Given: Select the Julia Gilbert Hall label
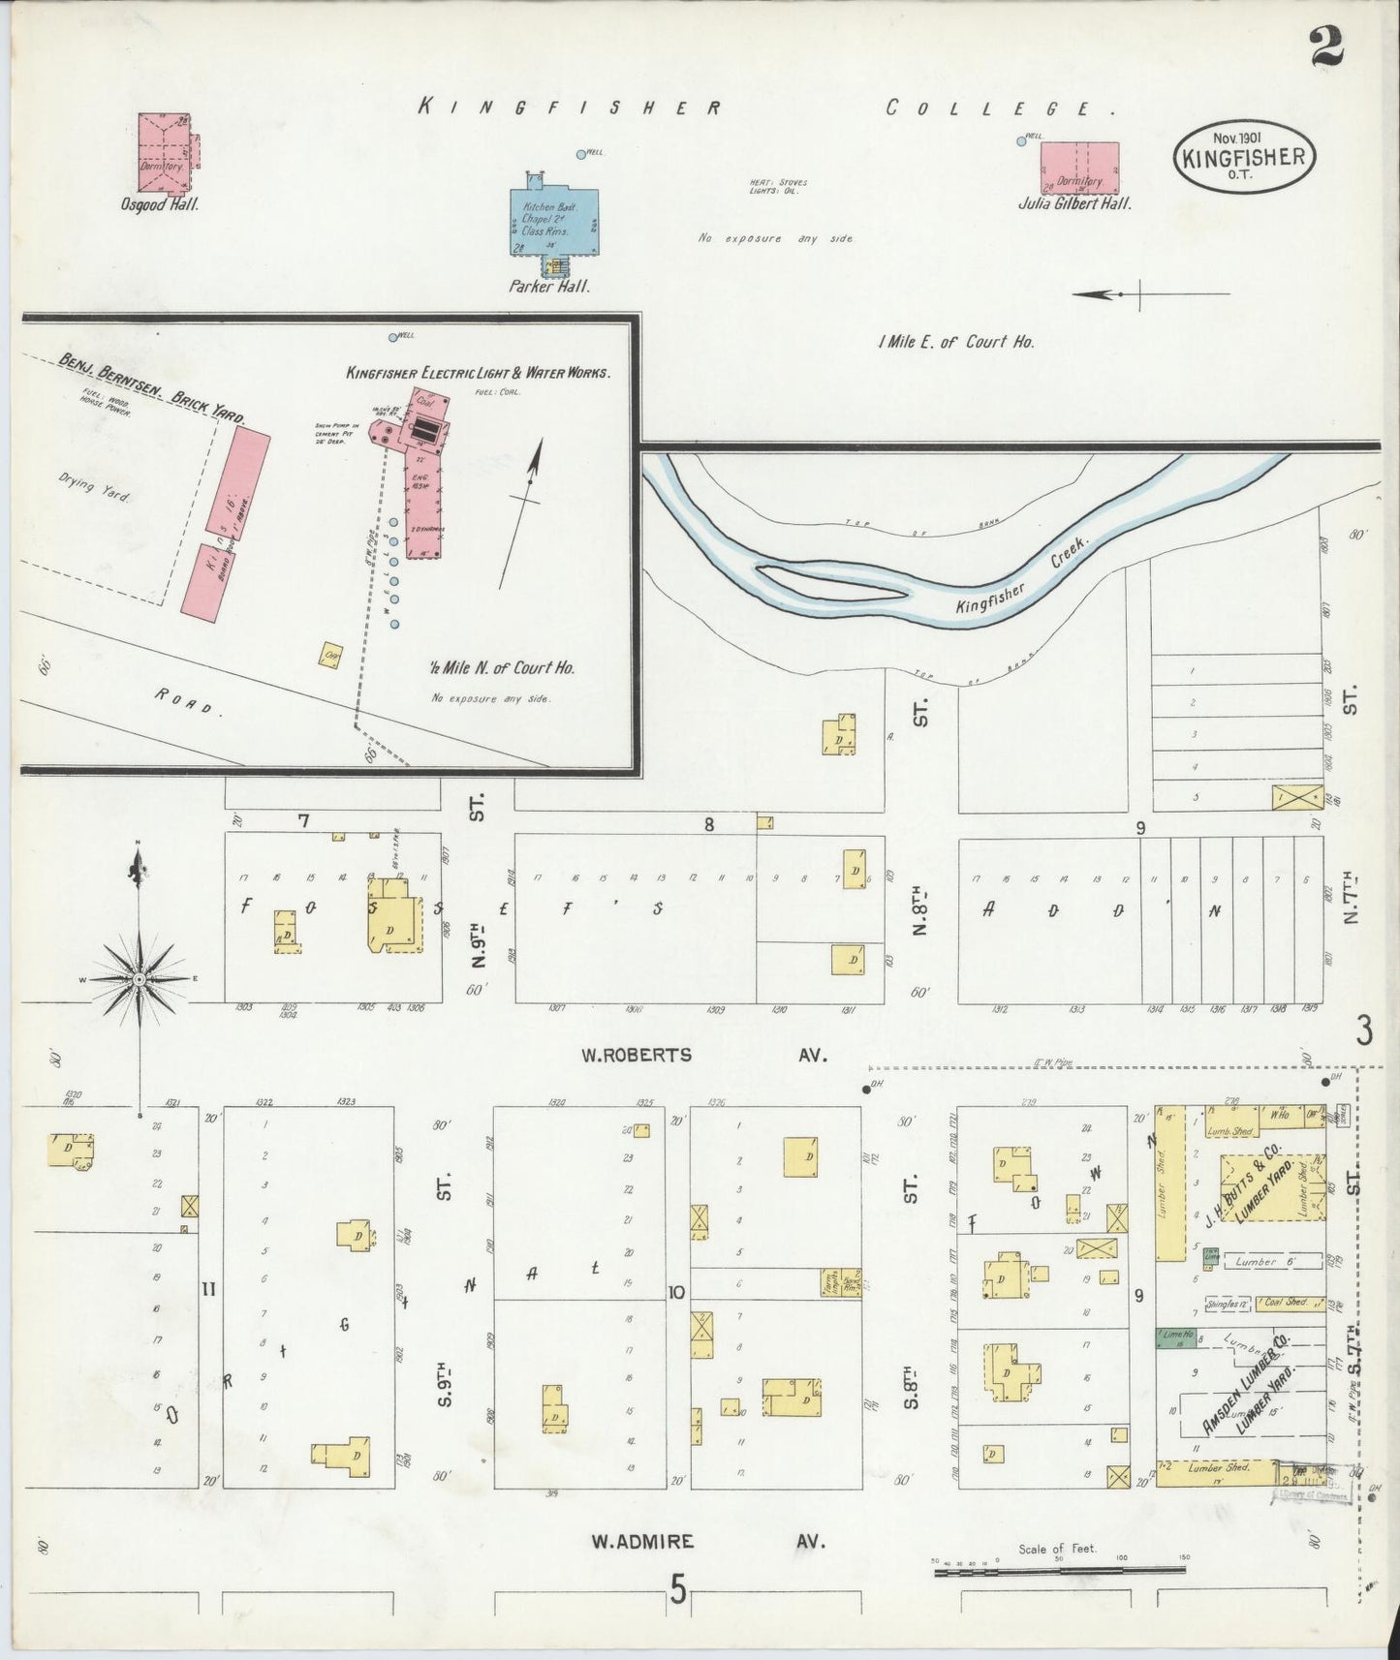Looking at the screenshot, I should pos(1074,204).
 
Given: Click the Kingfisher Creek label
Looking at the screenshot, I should pos(1023,581).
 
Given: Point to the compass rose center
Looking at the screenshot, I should pos(140,980).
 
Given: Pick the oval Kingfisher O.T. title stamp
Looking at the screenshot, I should pos(1244,155).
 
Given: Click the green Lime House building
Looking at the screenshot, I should pos(1175,1337).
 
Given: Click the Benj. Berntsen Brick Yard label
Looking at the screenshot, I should pos(151,389).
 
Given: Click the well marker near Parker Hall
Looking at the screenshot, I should pos(581,154).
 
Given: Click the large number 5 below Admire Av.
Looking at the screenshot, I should pos(677,1588).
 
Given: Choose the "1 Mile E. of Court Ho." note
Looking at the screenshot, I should pos(955,342).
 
